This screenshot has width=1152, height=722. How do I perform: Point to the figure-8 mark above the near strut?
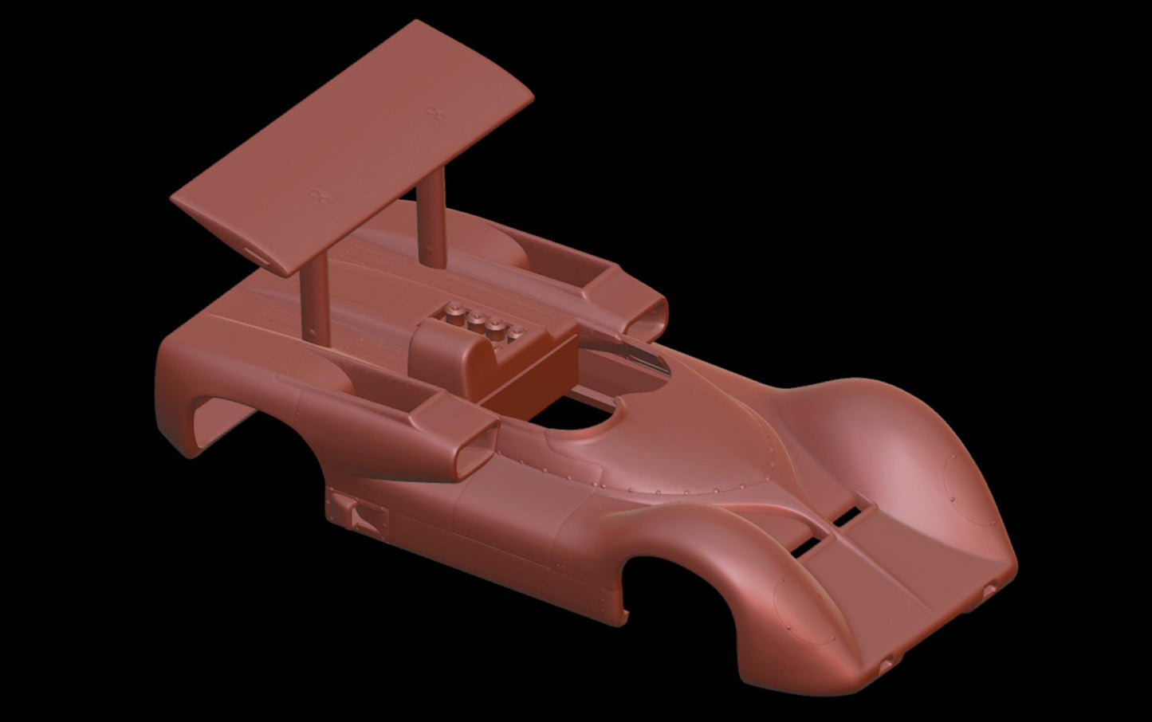pos(320,192)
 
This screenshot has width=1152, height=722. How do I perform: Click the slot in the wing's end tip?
pos(257,253)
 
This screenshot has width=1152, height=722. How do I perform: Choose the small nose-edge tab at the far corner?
pos(990,590)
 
